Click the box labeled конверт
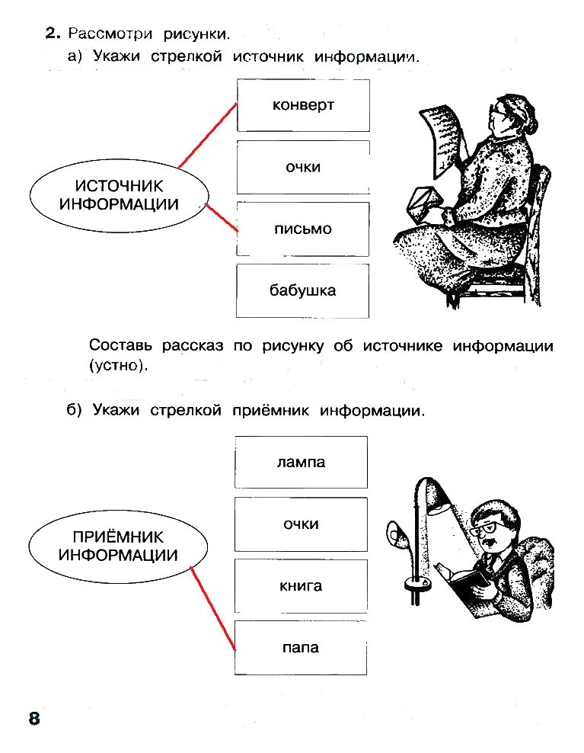click(x=303, y=105)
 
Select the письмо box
click(x=303, y=229)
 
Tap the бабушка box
click(x=303, y=290)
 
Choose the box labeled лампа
click(x=302, y=462)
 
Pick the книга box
click(x=302, y=586)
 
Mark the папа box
click(x=302, y=648)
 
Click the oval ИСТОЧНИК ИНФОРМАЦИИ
click(x=119, y=195)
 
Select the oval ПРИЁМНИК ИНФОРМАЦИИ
click(x=118, y=546)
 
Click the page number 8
click(x=34, y=719)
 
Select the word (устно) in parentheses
click(x=116, y=365)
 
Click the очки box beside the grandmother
click(x=303, y=167)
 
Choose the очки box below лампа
click(x=302, y=524)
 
